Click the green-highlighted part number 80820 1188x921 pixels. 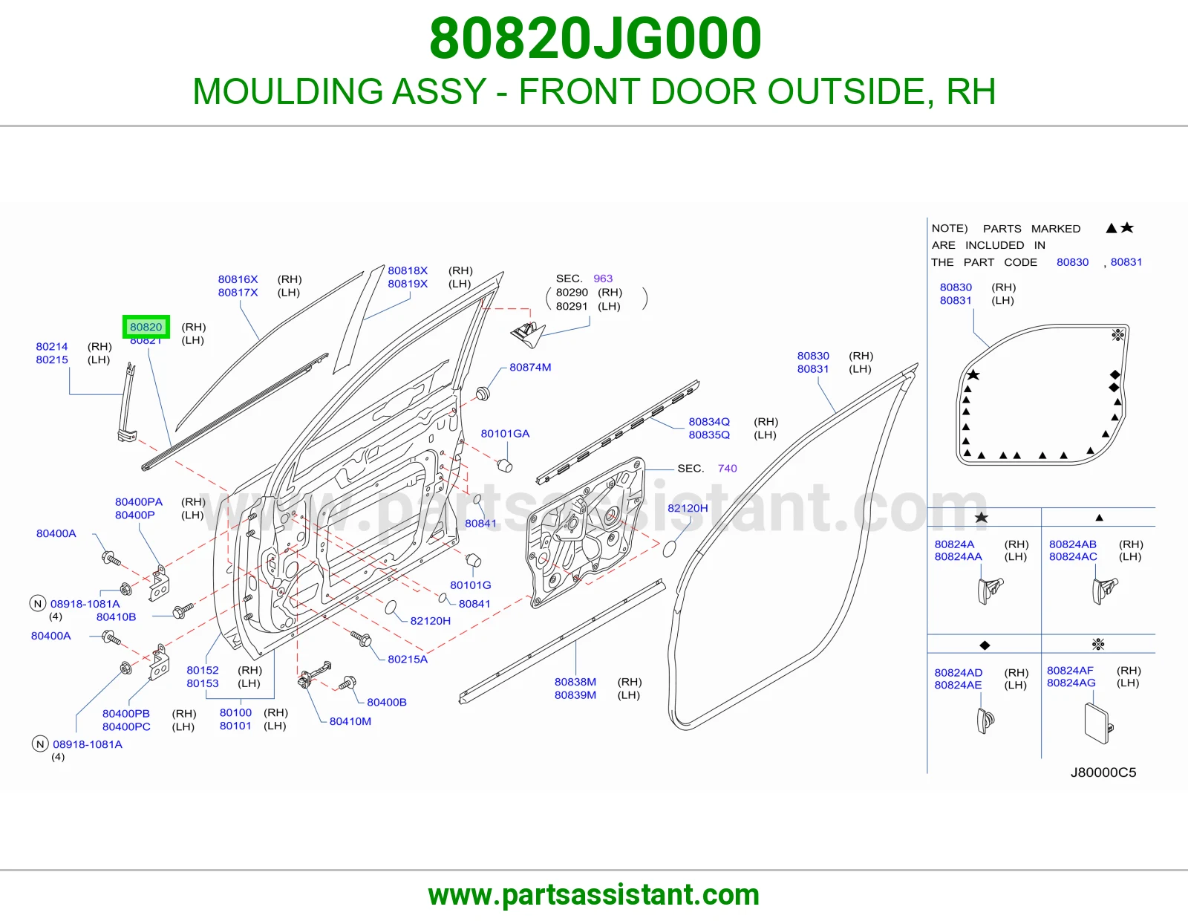[x=146, y=327]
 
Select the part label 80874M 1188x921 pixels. [x=529, y=367]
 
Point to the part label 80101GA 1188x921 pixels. [x=505, y=433]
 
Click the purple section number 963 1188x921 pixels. [x=602, y=279]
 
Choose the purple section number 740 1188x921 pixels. [x=727, y=468]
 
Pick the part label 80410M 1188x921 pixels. [x=350, y=720]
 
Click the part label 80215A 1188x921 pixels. [x=408, y=659]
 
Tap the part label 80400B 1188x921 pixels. [x=387, y=702]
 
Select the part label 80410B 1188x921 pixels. [x=116, y=616]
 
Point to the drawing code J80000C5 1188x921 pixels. [x=1103, y=772]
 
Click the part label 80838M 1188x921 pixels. [x=575, y=681]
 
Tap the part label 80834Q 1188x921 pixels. [x=709, y=421]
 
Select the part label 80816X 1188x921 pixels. [x=238, y=279]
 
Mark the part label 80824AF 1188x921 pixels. [x=1070, y=670]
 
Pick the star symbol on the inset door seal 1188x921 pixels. [x=973, y=374]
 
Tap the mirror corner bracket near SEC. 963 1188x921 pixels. [x=527, y=335]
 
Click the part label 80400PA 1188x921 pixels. [x=138, y=501]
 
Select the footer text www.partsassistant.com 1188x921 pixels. [x=594, y=894]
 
